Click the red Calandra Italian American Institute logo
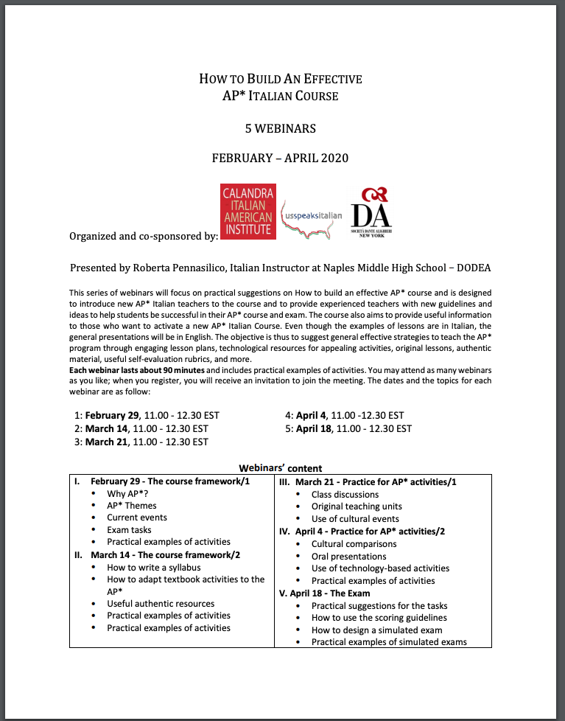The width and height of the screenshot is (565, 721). (248, 212)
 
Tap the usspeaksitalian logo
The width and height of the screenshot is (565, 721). (312, 216)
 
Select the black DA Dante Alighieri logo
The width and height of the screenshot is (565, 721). (371, 212)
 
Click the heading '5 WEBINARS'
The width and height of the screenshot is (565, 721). (281, 128)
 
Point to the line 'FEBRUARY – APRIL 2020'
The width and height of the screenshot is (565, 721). (280, 158)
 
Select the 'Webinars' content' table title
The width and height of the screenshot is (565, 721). (281, 468)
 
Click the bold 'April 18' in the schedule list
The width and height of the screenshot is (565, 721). (315, 428)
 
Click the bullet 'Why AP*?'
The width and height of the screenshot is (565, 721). (127, 494)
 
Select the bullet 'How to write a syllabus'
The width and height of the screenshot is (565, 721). (153, 568)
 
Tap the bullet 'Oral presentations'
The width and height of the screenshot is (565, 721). (348, 557)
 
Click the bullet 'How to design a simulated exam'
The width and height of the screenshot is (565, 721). (377, 630)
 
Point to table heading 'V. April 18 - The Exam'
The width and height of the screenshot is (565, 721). (325, 593)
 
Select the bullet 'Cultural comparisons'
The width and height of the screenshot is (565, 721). (354, 544)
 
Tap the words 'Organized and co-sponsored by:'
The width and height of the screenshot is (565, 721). (144, 236)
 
